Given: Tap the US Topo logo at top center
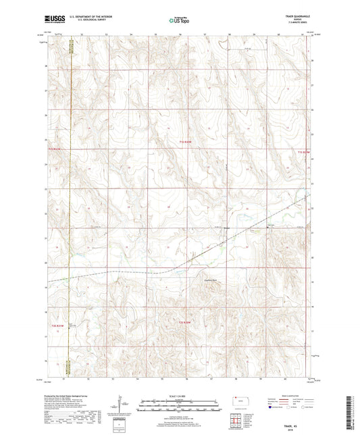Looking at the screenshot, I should pos(179,20).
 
